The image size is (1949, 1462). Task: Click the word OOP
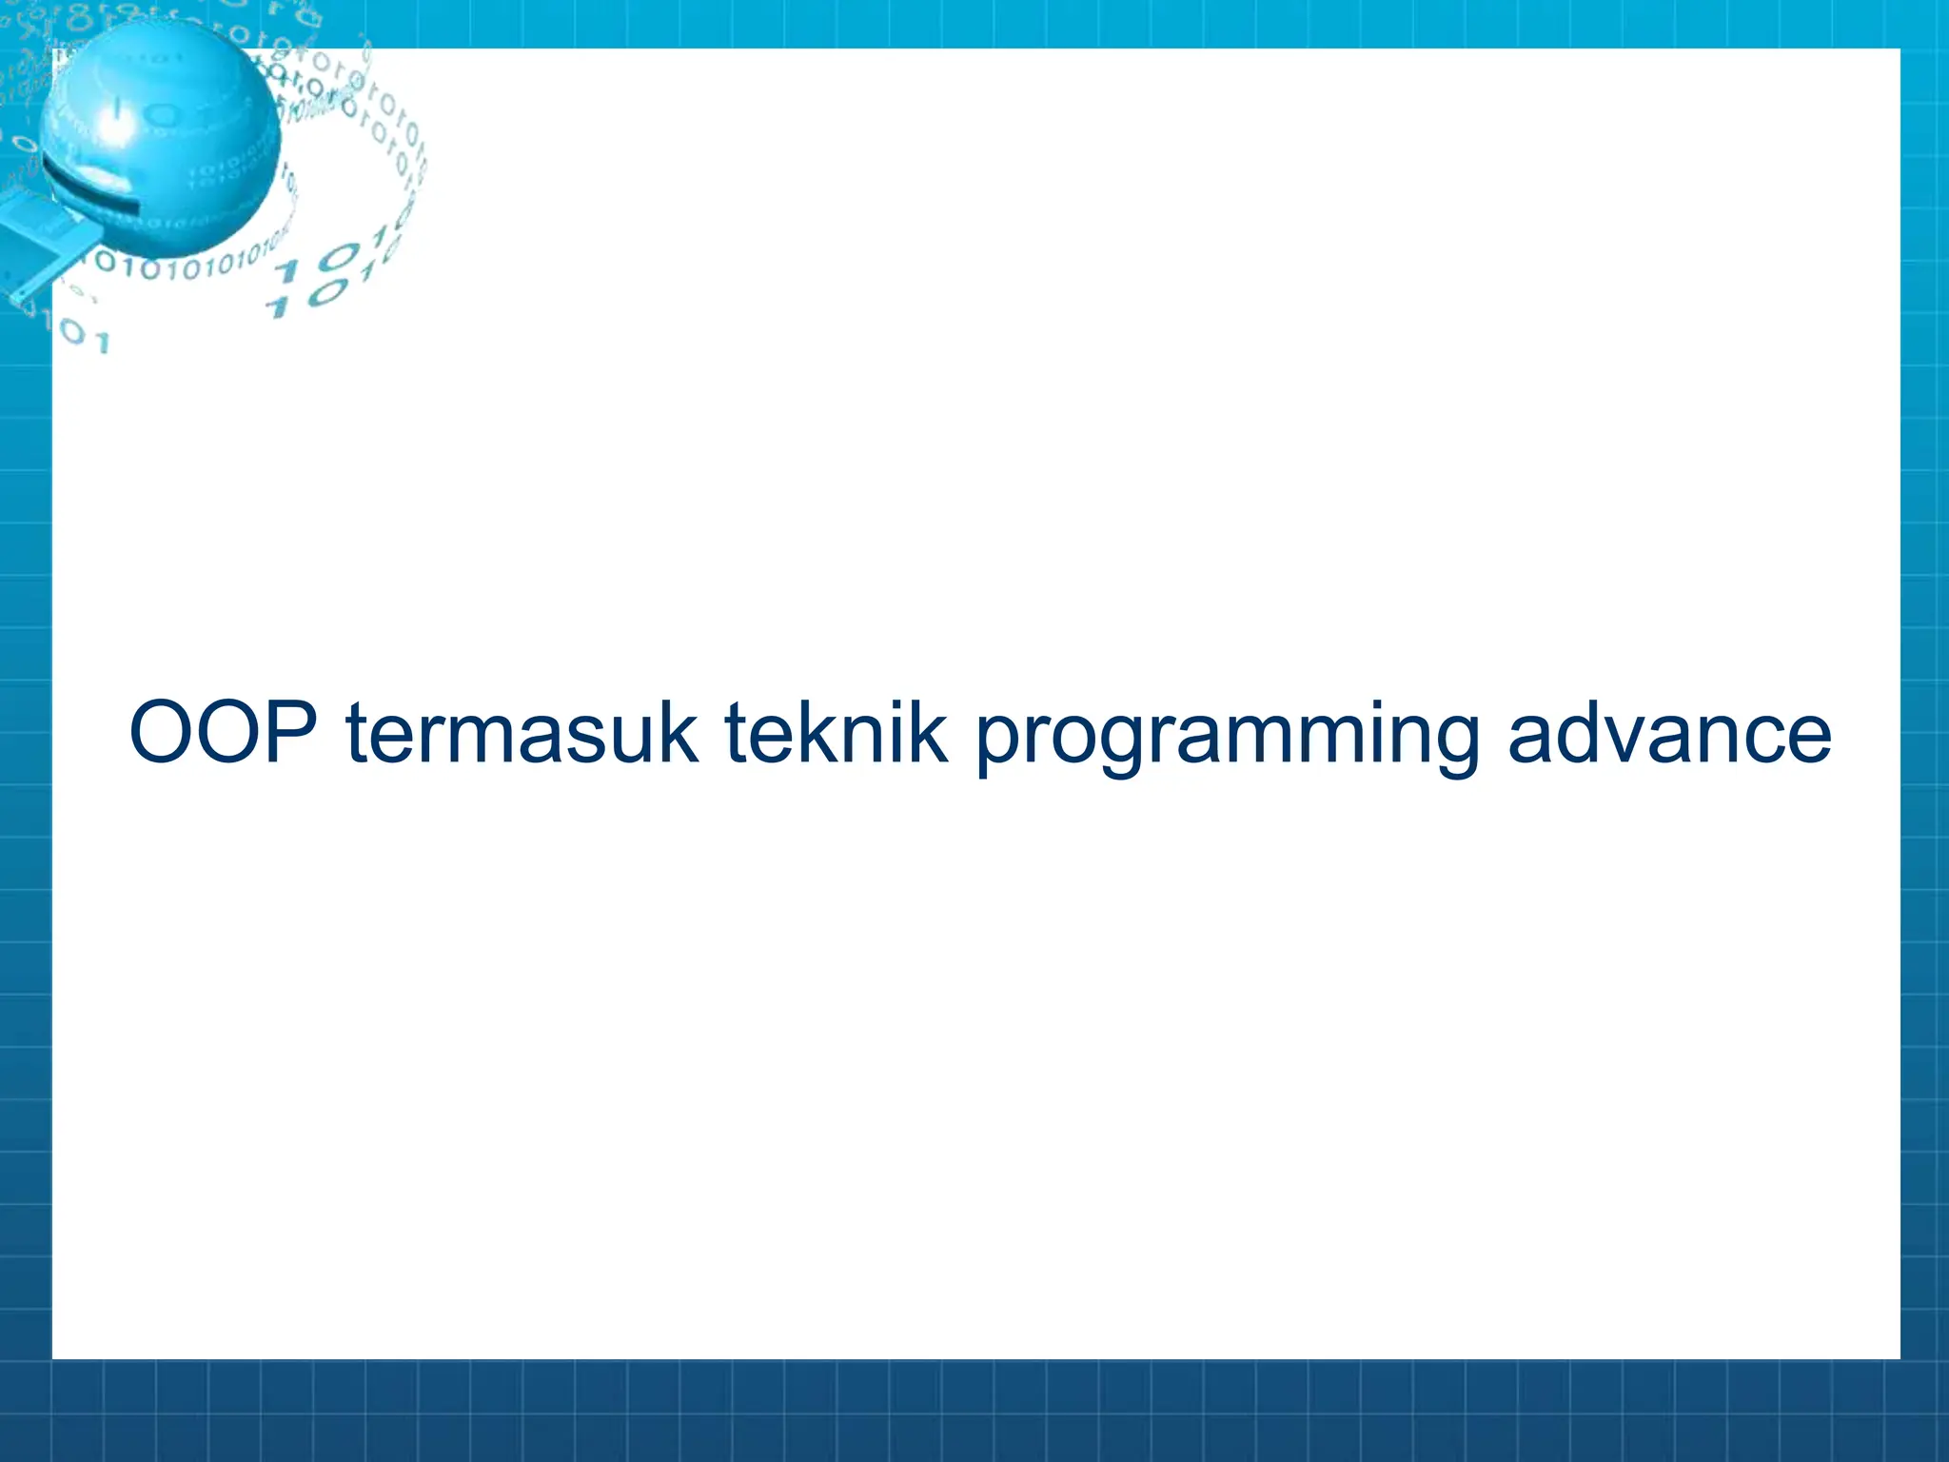pos(224,732)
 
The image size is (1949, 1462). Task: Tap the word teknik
pos(836,732)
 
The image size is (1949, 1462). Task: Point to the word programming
pos(1228,738)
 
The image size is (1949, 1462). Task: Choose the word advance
pos(1669,732)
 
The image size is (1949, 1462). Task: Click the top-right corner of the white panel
pos(1899,50)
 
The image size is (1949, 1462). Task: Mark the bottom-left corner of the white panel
pos(53,1357)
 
